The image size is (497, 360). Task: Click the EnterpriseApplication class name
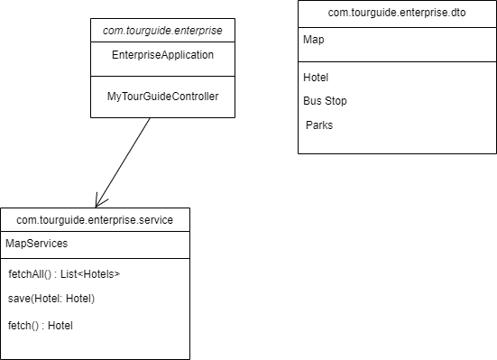click(x=162, y=55)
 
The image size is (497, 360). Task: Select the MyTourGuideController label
click(x=162, y=96)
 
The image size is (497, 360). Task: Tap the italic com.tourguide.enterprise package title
click(x=162, y=30)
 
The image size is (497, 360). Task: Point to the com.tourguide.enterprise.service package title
click(x=95, y=219)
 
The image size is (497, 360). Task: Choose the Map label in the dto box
click(x=314, y=41)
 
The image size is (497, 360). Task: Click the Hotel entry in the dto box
click(x=317, y=78)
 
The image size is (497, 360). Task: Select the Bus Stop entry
click(x=325, y=101)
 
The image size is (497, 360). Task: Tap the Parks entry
click(x=319, y=125)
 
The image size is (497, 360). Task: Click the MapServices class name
click(x=36, y=244)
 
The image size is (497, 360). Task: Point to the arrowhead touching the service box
click(x=98, y=202)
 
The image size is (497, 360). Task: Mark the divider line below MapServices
click(x=95, y=258)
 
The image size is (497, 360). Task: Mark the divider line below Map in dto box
click(x=397, y=61)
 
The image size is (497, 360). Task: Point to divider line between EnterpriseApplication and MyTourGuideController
click(x=162, y=76)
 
